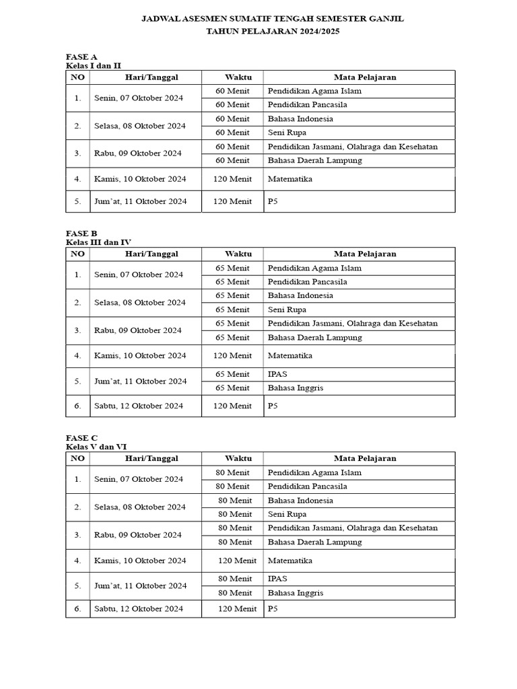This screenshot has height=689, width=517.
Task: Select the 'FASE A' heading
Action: pyautogui.click(x=81, y=57)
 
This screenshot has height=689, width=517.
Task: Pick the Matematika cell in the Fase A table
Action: pyautogui.click(x=290, y=180)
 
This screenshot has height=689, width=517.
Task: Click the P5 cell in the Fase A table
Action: pyautogui.click(x=273, y=201)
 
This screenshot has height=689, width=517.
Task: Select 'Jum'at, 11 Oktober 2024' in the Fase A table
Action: pyautogui.click(x=140, y=201)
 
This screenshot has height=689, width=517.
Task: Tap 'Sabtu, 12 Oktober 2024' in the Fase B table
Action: pyautogui.click(x=138, y=406)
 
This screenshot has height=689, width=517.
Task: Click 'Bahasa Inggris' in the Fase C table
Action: pyautogui.click(x=296, y=593)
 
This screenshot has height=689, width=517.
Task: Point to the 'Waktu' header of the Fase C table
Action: pyautogui.click(x=238, y=458)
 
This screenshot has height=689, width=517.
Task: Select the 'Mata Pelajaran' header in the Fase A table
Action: pyautogui.click(x=365, y=77)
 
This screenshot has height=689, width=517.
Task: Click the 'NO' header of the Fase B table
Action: pyautogui.click(x=77, y=254)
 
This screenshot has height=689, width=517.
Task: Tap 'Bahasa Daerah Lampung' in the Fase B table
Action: pyautogui.click(x=314, y=338)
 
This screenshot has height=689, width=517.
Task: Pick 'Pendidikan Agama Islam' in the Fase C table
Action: pyautogui.click(x=314, y=472)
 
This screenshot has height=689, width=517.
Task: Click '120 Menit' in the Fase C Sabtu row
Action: pyautogui.click(x=237, y=609)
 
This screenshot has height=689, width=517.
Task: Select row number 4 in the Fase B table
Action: pyautogui.click(x=77, y=355)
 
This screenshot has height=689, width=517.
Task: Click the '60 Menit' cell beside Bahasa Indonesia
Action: pyautogui.click(x=232, y=119)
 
